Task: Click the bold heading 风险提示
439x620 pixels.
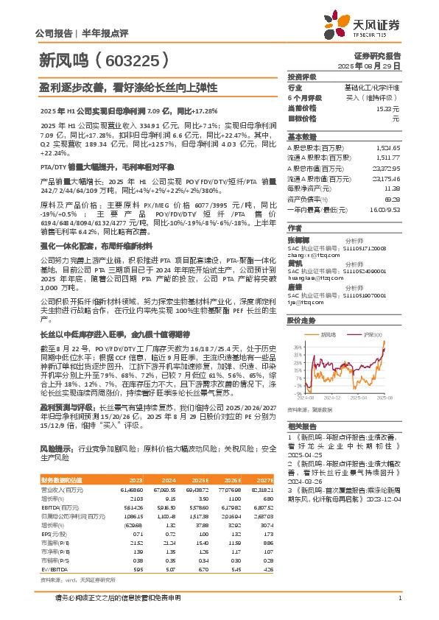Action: [x=55, y=448]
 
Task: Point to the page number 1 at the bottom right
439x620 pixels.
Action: [x=398, y=607]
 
